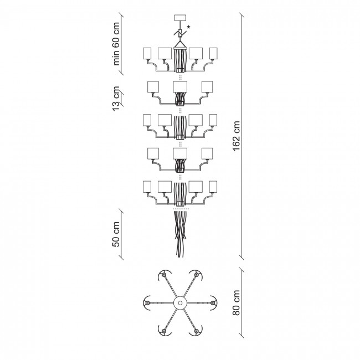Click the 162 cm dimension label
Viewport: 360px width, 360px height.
[236, 136]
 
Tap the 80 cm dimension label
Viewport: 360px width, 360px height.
[236, 302]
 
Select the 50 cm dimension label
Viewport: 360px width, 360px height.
[116, 234]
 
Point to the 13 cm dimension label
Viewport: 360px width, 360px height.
[116, 98]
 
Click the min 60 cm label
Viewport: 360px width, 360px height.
[116, 44]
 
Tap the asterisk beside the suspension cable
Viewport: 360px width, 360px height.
[188, 28]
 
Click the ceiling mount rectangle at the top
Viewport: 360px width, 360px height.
[180, 18]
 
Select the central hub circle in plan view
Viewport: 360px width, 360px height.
[180, 303]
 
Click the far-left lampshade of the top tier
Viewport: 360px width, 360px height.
[147, 54]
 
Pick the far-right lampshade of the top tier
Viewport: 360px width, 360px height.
[213, 54]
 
